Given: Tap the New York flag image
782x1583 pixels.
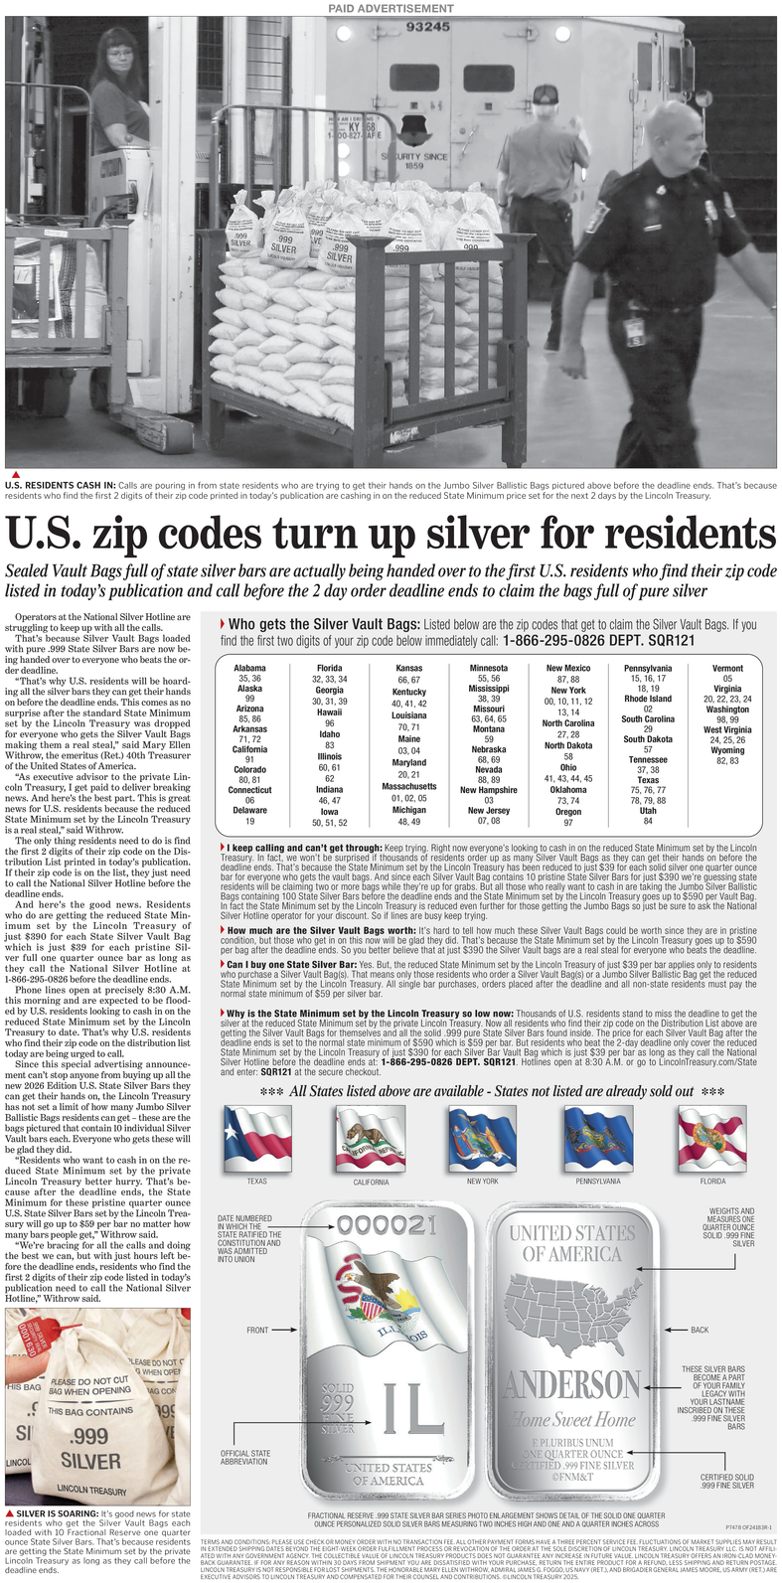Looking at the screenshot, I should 482,1139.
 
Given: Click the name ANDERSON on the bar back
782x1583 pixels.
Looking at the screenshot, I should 572,1383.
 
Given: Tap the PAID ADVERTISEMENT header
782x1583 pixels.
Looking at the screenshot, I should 391,9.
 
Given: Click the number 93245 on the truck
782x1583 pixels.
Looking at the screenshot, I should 427,27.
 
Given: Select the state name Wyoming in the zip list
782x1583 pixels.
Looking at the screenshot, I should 727,750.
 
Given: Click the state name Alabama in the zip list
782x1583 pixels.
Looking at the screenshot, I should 249,668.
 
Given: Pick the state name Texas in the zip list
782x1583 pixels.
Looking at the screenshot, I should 648,780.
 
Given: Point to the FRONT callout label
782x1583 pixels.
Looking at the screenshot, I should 257,1330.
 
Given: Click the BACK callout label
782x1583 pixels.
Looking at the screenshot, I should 700,1330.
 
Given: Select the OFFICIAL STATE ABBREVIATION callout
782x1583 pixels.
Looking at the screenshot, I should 244,1459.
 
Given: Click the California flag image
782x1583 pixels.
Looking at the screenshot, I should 371,1140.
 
